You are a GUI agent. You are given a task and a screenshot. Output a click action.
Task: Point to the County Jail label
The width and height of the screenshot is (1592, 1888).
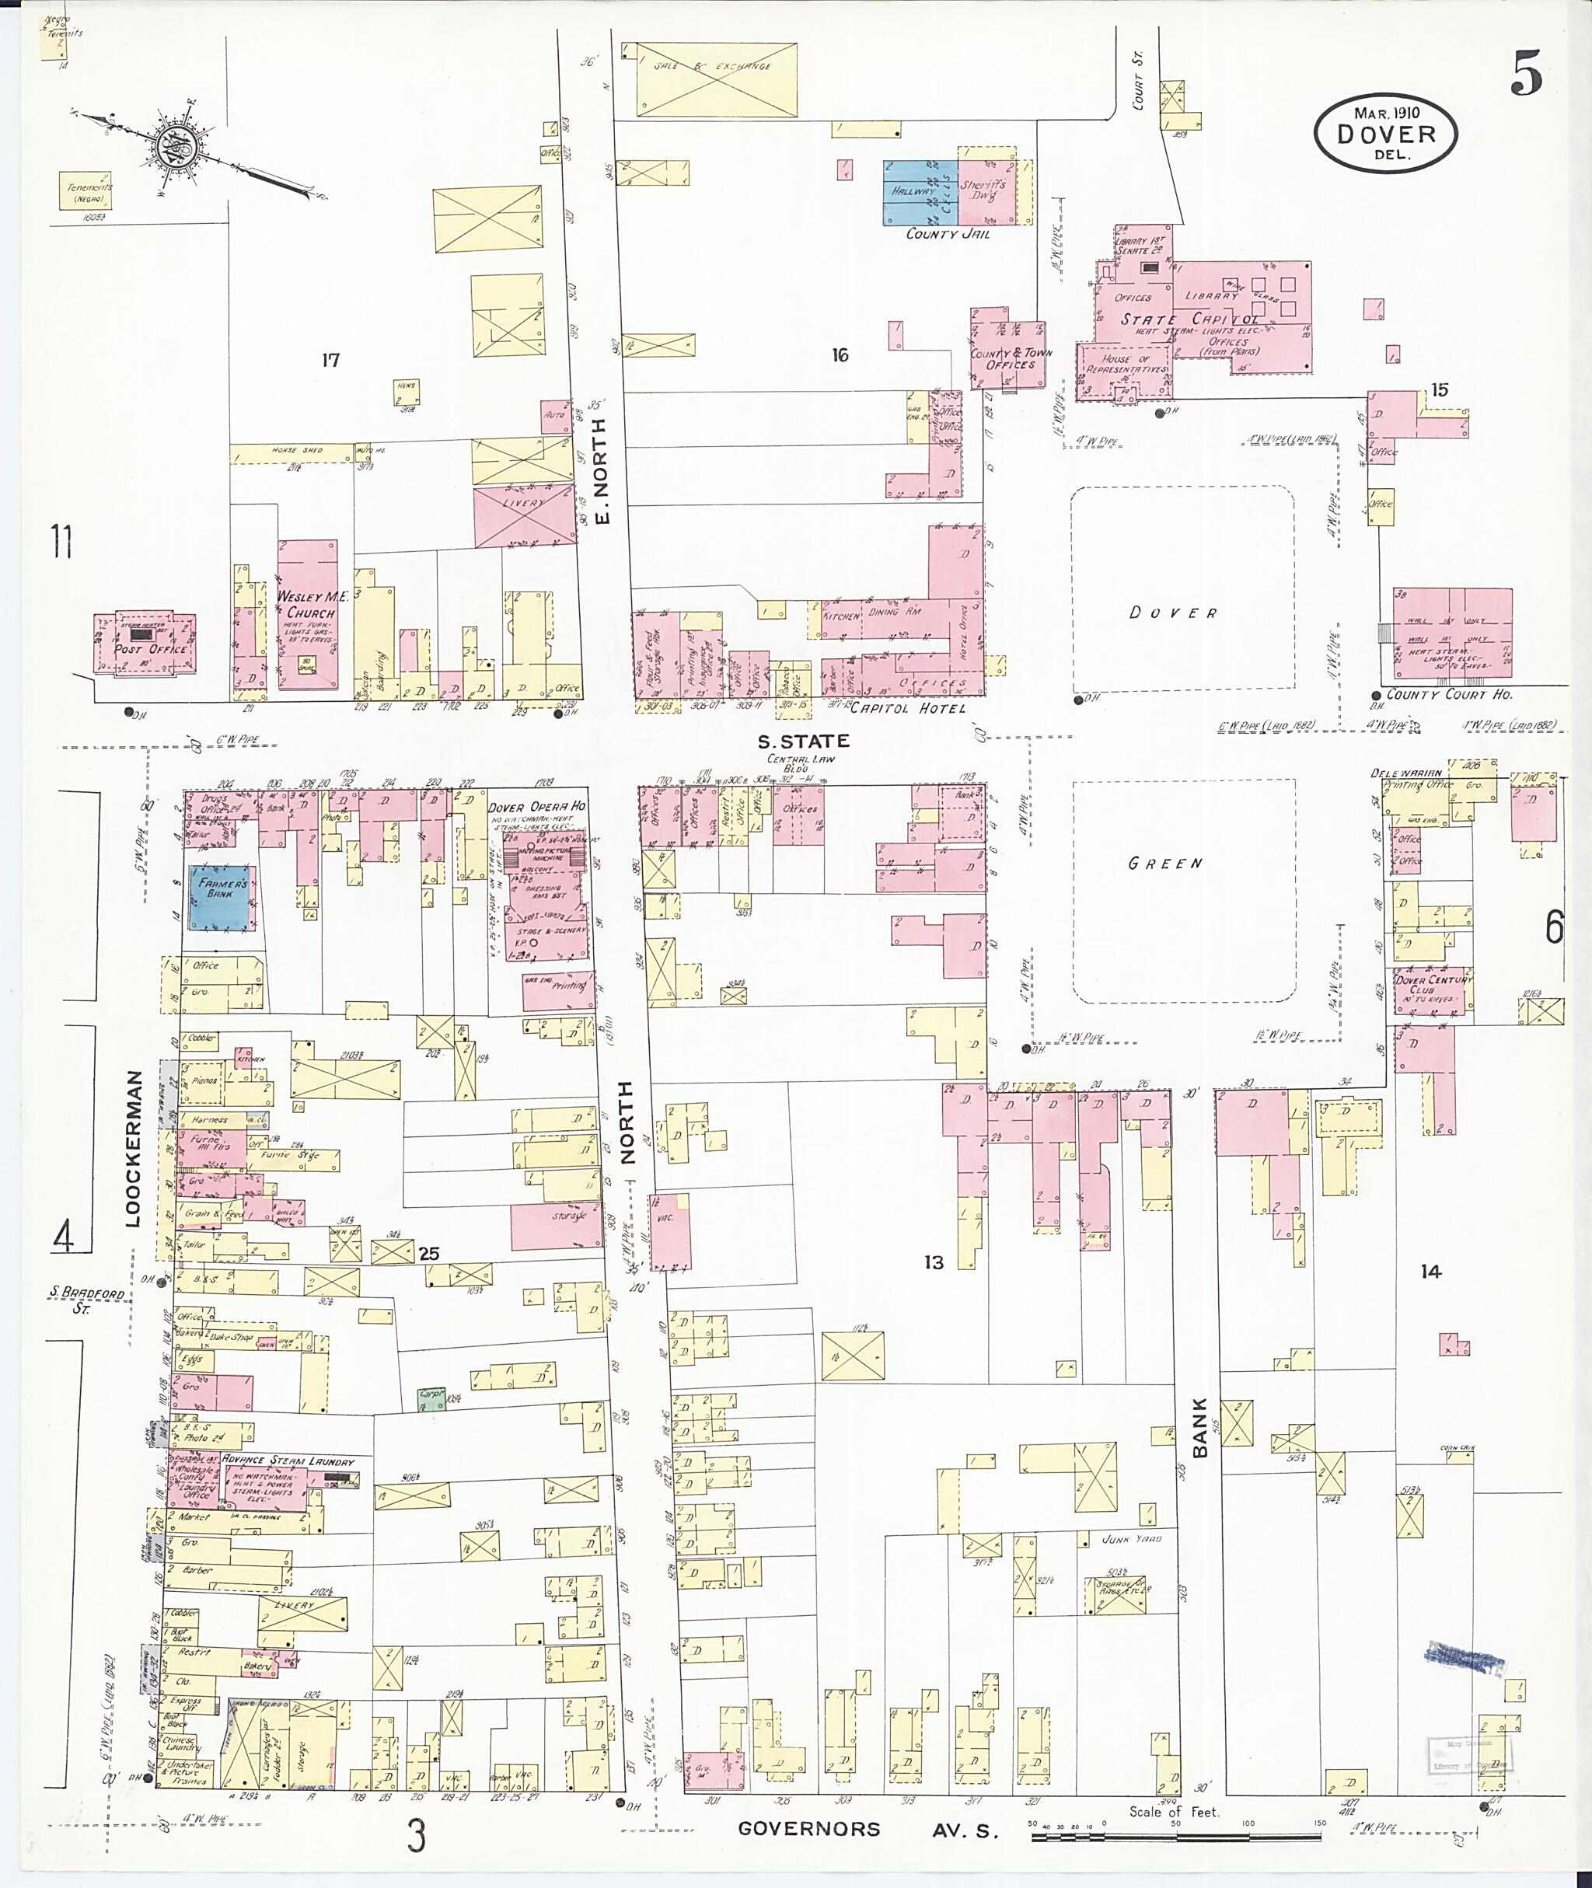click(x=948, y=234)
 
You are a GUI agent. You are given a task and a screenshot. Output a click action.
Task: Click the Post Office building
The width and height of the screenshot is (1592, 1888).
click(x=145, y=644)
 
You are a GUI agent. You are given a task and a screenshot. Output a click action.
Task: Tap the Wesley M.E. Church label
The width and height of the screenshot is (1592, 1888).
click(x=306, y=605)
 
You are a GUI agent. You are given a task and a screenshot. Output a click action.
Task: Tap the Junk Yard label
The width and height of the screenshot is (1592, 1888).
click(x=1132, y=1539)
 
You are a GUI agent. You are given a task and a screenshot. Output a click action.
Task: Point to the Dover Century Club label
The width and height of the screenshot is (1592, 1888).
click(x=1433, y=985)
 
